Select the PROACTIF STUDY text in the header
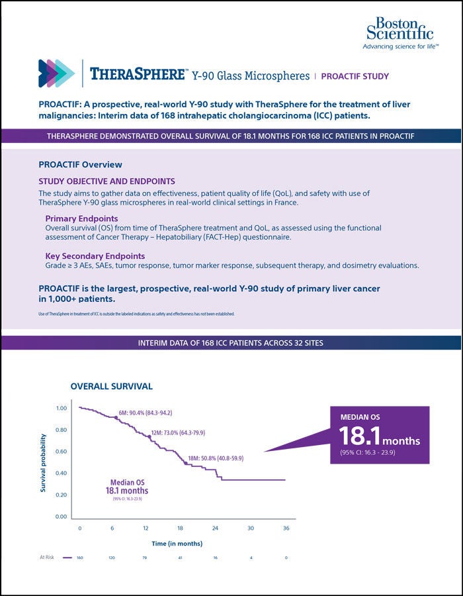pos(355,76)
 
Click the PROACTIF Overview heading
pos(80,164)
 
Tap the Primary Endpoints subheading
pos(82,218)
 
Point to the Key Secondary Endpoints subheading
pos(95,256)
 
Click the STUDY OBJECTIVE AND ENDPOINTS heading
pos(106,180)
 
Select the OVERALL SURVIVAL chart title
pos(111,385)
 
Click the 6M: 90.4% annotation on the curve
pos(145,413)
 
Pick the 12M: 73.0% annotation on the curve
pos(178,432)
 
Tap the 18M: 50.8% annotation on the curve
pos(215,457)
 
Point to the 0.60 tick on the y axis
pos(61,452)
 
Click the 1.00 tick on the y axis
pos(61,408)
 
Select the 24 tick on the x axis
pos(215,528)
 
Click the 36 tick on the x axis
pos(285,528)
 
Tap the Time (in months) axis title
pos(177,543)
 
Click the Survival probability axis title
pos(44,462)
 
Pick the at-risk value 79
pos(146,558)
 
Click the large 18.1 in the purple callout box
pos(360,436)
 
